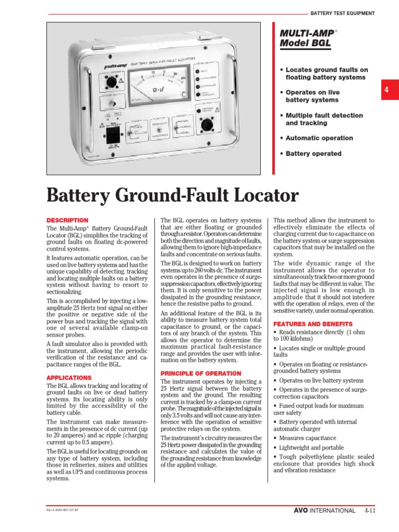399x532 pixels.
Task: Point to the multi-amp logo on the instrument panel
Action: pyautogui.click(x=106, y=66)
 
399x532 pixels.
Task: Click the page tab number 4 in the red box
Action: pyautogui.click(x=387, y=89)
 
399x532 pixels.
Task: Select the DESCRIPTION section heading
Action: pyautogui.click(x=68, y=220)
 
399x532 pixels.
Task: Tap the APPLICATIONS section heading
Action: pyautogui.click(x=69, y=378)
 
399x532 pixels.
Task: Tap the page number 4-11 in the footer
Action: pyautogui.click(x=370, y=511)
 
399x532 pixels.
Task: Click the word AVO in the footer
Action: pyautogui.click(x=302, y=511)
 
